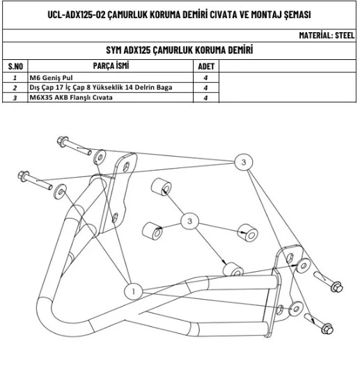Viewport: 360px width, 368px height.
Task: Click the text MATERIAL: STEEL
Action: click(x=327, y=36)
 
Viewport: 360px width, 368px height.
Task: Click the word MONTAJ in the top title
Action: click(x=266, y=15)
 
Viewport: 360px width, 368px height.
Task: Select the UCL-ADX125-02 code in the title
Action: click(x=77, y=15)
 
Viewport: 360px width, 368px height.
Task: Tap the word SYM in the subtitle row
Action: click(x=114, y=50)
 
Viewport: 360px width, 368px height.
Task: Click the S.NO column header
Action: click(x=15, y=66)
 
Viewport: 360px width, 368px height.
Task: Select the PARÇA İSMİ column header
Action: click(x=111, y=66)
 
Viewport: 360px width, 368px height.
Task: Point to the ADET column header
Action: click(x=206, y=66)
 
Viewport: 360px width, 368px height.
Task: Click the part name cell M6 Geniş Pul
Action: click(x=51, y=77)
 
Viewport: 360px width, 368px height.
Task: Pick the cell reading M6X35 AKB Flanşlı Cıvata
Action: click(x=71, y=98)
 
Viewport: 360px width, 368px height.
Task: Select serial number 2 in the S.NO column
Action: click(x=15, y=88)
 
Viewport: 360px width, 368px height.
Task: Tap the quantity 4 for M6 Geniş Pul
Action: click(x=205, y=77)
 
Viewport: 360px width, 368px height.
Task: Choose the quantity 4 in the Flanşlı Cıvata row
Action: click(x=205, y=98)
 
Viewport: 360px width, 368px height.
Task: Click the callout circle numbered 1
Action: click(x=133, y=291)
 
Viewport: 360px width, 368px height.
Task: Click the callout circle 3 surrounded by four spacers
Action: click(x=189, y=221)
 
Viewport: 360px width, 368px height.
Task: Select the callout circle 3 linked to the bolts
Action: click(x=244, y=162)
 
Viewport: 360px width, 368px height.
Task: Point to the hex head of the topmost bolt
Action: click(x=63, y=141)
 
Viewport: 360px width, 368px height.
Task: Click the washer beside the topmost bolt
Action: click(x=100, y=156)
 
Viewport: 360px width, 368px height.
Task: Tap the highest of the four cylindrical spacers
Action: click(x=161, y=187)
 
